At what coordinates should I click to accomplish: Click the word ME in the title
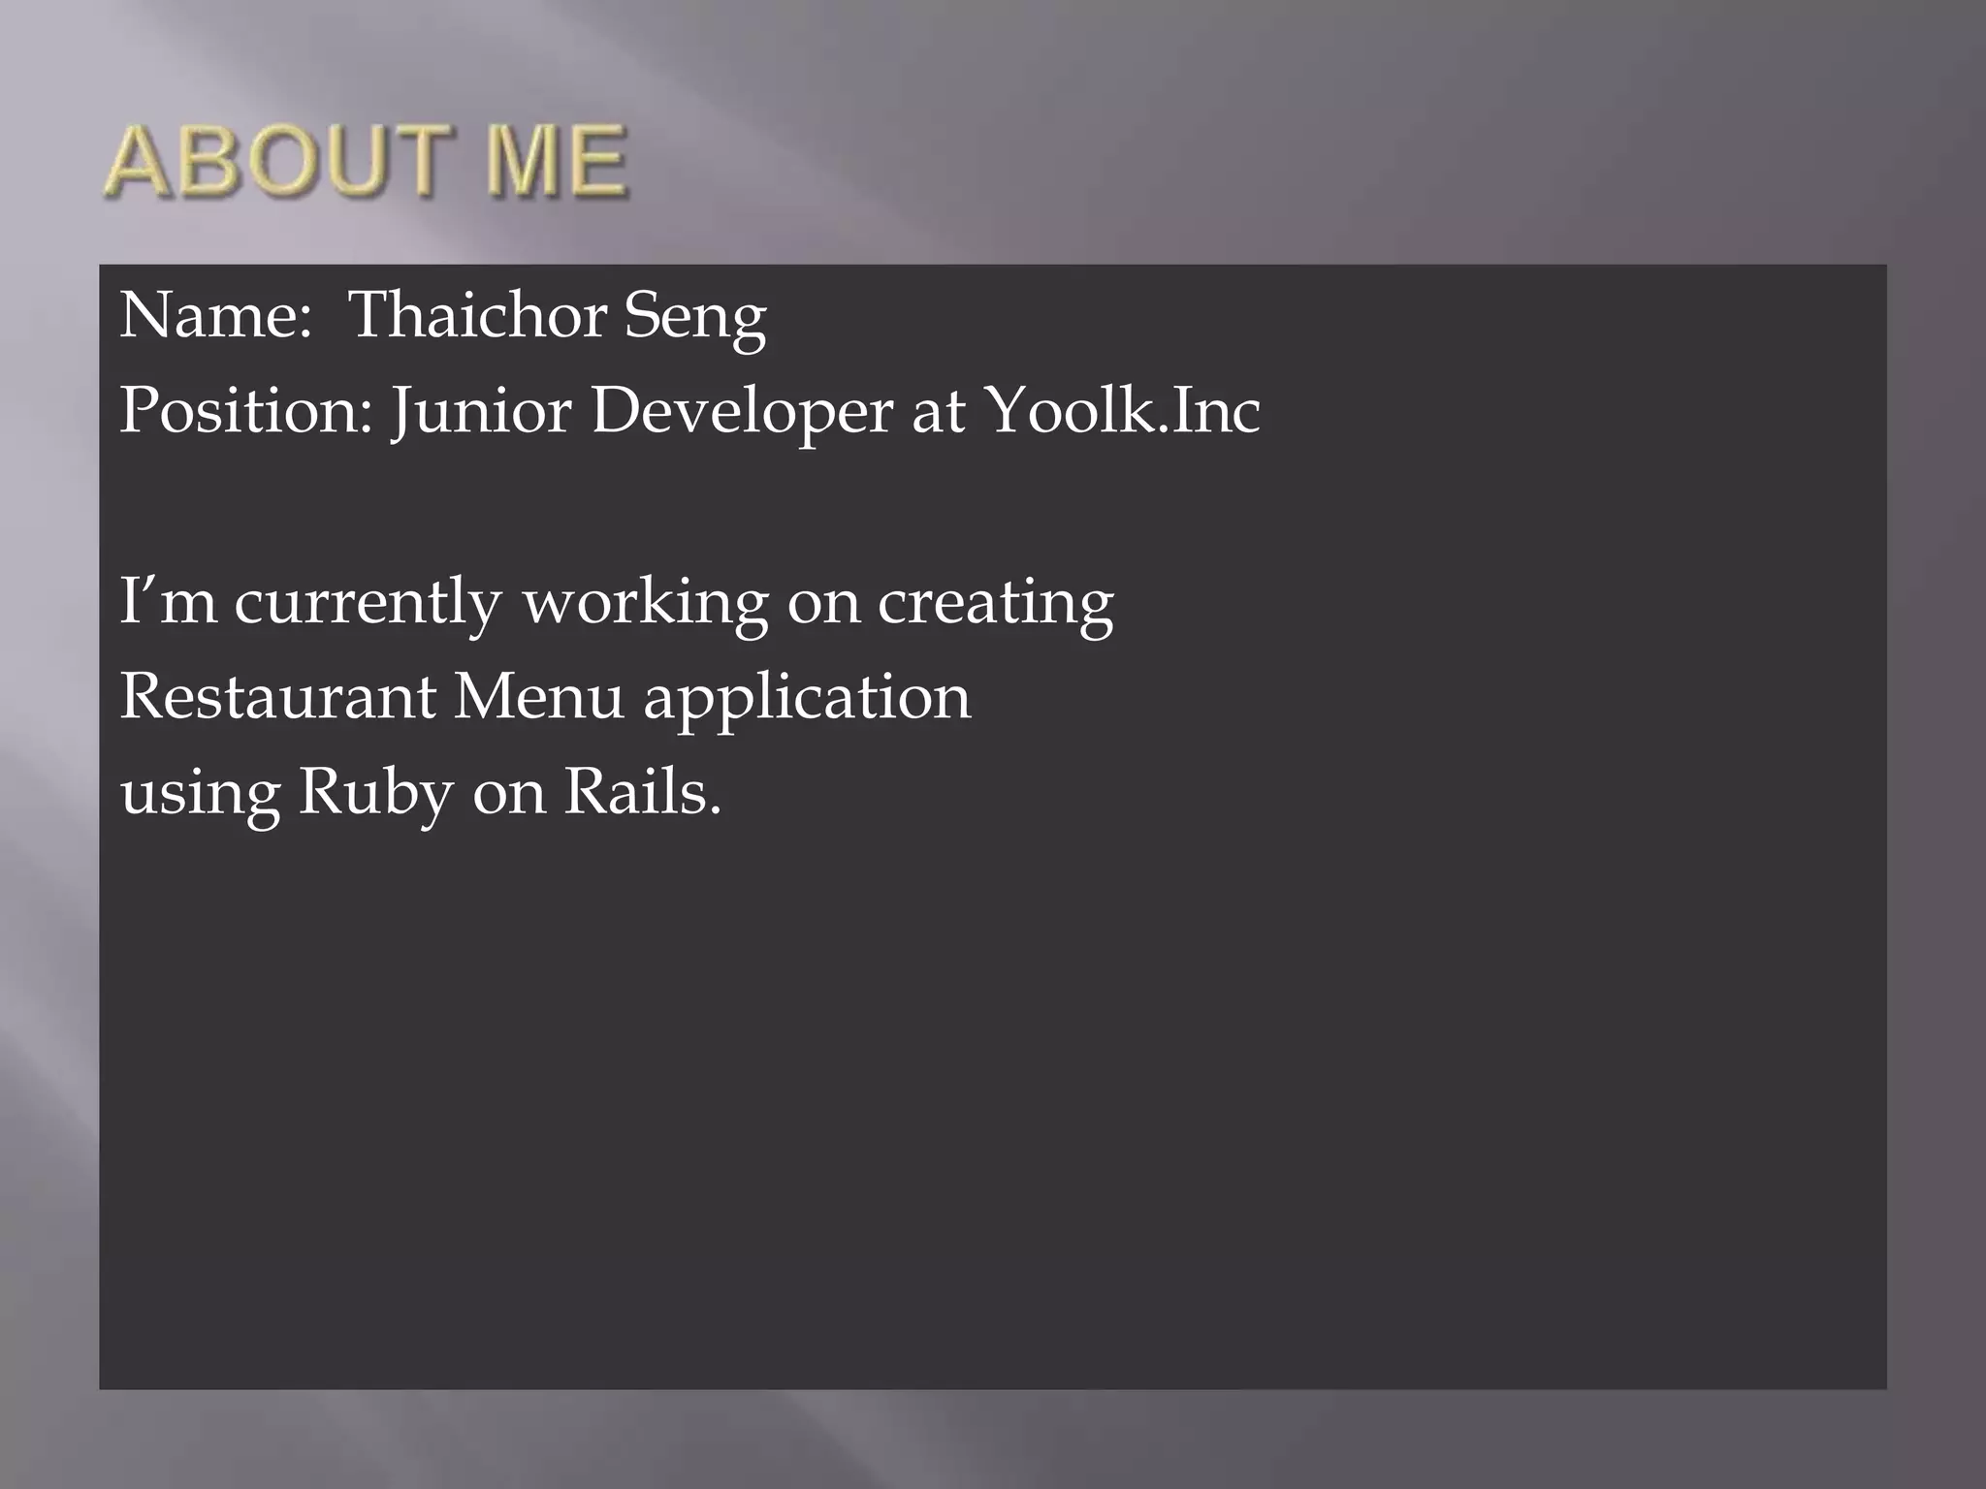pyautogui.click(x=557, y=162)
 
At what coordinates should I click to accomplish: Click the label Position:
pyautogui.click(x=246, y=411)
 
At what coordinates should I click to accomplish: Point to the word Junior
pyautogui.click(x=481, y=411)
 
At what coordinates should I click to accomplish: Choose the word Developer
pyautogui.click(x=742, y=411)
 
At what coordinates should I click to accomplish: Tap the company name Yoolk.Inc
pyautogui.click(x=1122, y=409)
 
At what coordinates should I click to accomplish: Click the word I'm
pyautogui.click(x=168, y=601)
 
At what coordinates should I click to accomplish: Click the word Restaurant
pyautogui.click(x=278, y=696)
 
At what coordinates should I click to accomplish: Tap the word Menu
pyautogui.click(x=538, y=696)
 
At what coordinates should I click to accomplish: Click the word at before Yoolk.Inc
pyautogui.click(x=938, y=411)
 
